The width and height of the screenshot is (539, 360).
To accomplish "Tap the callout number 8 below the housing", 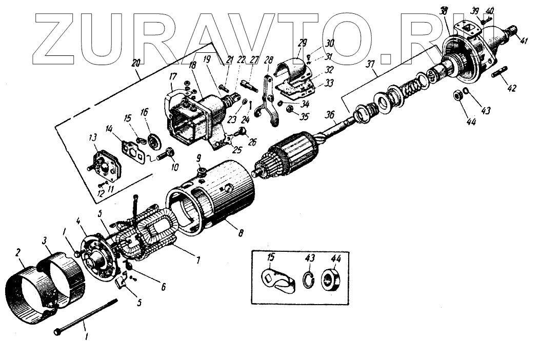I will coord(241,232).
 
